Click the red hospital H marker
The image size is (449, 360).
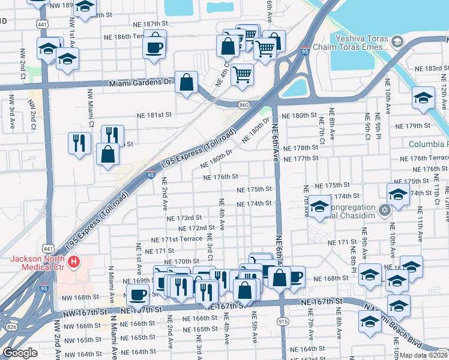(74, 262)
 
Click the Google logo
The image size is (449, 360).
(20, 353)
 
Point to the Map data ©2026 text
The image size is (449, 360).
(424, 355)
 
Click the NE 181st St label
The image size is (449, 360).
(154, 114)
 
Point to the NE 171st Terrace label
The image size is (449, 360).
(176, 239)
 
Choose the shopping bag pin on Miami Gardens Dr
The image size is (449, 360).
(187, 82)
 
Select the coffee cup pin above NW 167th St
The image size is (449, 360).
(138, 295)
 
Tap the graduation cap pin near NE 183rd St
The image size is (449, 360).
(423, 98)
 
